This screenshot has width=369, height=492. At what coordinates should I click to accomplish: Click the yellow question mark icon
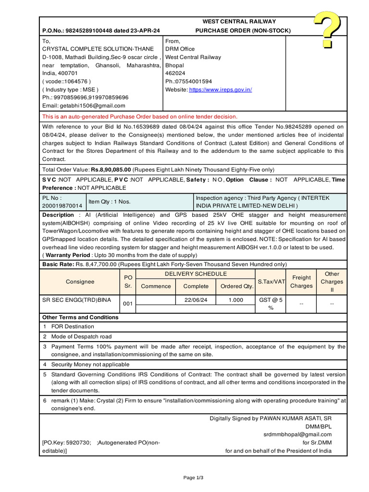coord(328,30)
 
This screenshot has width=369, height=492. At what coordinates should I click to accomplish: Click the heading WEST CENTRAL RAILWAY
coord(239,22)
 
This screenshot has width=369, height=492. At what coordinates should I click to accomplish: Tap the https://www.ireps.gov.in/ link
coord(221,90)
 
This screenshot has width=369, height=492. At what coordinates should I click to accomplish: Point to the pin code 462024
coord(175,74)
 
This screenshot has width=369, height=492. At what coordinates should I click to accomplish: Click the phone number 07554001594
coord(193,82)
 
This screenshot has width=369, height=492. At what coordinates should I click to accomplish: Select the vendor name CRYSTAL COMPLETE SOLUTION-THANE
coord(98,49)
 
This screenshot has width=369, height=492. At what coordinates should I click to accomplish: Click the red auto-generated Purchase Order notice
coord(140,117)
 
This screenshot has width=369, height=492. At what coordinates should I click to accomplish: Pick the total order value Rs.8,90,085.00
coord(111,170)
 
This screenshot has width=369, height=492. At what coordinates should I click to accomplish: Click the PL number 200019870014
coord(62,206)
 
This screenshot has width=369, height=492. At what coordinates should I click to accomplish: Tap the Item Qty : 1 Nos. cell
coord(110,202)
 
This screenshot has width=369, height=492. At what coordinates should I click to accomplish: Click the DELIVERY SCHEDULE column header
coord(196,274)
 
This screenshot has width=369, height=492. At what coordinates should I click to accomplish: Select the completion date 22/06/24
coord(196,300)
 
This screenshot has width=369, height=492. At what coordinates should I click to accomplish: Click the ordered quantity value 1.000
coord(235,300)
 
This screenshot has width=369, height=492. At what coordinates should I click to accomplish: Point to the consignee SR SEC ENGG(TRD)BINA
coord(77,300)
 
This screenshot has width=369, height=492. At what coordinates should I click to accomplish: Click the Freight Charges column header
coord(301,282)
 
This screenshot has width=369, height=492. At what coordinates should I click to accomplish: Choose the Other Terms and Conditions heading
coord(80,318)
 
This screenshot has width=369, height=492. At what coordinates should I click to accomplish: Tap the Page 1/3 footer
coord(193,478)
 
